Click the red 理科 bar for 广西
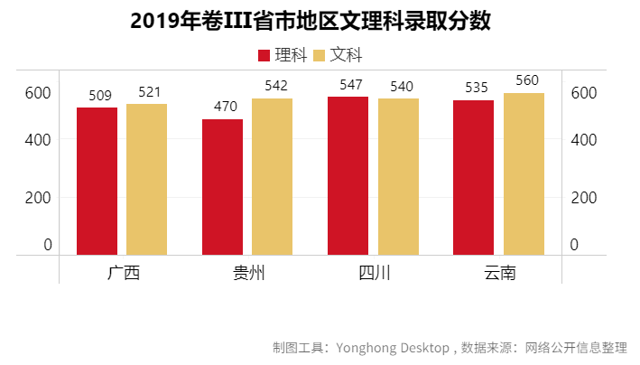coord(97,181)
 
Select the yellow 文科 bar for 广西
coord(146,179)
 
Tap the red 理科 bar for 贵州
coord(222,186)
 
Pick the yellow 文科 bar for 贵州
coord(272,176)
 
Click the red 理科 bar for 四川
coord(348,175)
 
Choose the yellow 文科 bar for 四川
coord(398,176)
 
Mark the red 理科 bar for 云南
coord(473,177)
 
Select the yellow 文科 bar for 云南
coord(524,173)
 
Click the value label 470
coord(225,107)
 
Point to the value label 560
coord(527,80)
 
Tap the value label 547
coord(350,85)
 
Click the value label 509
coord(100,95)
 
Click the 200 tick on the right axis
coord(583,198)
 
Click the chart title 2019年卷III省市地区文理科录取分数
coord(311,21)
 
